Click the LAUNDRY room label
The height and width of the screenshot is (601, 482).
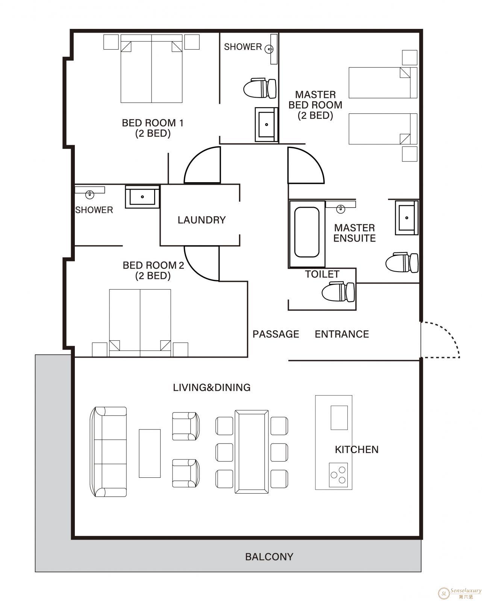tap(201, 220)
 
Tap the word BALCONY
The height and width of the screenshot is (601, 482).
tap(269, 557)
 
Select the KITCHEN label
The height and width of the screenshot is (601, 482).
tap(356, 449)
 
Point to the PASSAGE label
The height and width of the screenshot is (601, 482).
tap(276, 334)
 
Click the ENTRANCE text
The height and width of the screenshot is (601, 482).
tap(342, 334)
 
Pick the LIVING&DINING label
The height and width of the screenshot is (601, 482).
tap(212, 387)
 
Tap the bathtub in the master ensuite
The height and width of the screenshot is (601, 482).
tap(307, 232)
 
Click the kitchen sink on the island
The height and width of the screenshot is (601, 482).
tap(339, 418)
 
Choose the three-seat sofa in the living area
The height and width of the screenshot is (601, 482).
tap(108, 452)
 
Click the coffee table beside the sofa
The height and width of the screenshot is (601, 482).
tap(150, 453)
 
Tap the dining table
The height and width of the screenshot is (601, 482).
tap(252, 452)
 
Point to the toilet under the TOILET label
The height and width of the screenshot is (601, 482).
tap(338, 292)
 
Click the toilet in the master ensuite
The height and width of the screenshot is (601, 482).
tap(402, 263)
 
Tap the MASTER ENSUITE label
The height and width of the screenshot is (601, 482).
tap(354, 233)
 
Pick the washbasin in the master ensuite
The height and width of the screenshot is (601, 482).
tap(406, 217)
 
